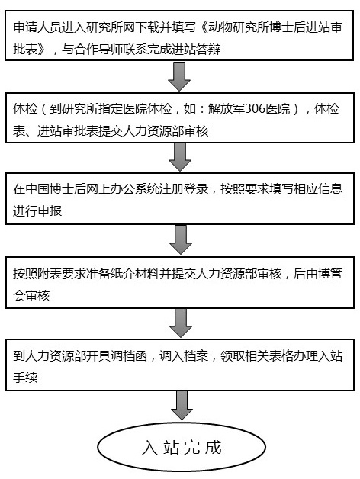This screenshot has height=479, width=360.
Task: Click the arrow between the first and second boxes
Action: pos(179,76)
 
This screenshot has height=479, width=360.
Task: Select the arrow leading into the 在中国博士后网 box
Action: pos(180,157)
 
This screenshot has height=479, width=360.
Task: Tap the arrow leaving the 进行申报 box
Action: pos(181,239)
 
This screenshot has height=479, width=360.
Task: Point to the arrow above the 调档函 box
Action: pos(181,323)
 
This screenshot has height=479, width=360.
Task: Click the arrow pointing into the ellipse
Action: pos(182,405)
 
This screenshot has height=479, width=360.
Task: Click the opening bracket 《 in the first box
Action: pos(202,27)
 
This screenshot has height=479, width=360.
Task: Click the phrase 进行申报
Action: pos(37,211)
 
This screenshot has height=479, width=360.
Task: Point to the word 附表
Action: pos(50,273)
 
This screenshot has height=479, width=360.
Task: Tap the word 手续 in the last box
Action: pos(25,378)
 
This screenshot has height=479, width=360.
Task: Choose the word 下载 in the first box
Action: pos(147,27)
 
